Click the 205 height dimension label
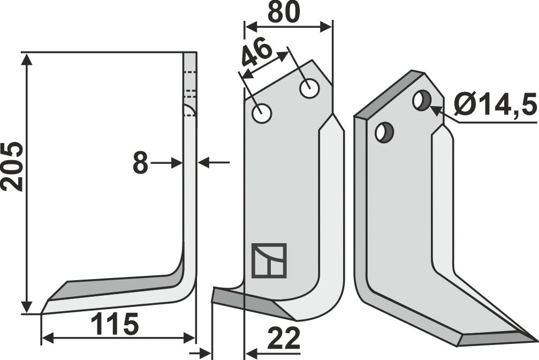click(x=12, y=167)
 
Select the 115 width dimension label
click(x=114, y=324)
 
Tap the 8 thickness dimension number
click(x=140, y=163)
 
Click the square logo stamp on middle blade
click(x=269, y=260)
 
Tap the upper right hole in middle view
click(x=310, y=88)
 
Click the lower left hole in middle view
click(x=262, y=113)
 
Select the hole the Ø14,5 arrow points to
click(x=422, y=100)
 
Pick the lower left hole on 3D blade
click(x=384, y=132)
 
